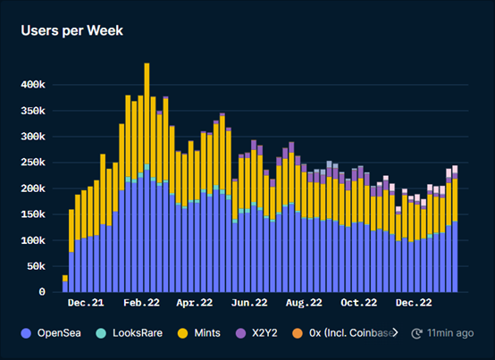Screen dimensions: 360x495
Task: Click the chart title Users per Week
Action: (x=71, y=30)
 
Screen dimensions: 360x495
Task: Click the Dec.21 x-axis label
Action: (x=95, y=304)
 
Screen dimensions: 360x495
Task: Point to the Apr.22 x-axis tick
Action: (x=195, y=304)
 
